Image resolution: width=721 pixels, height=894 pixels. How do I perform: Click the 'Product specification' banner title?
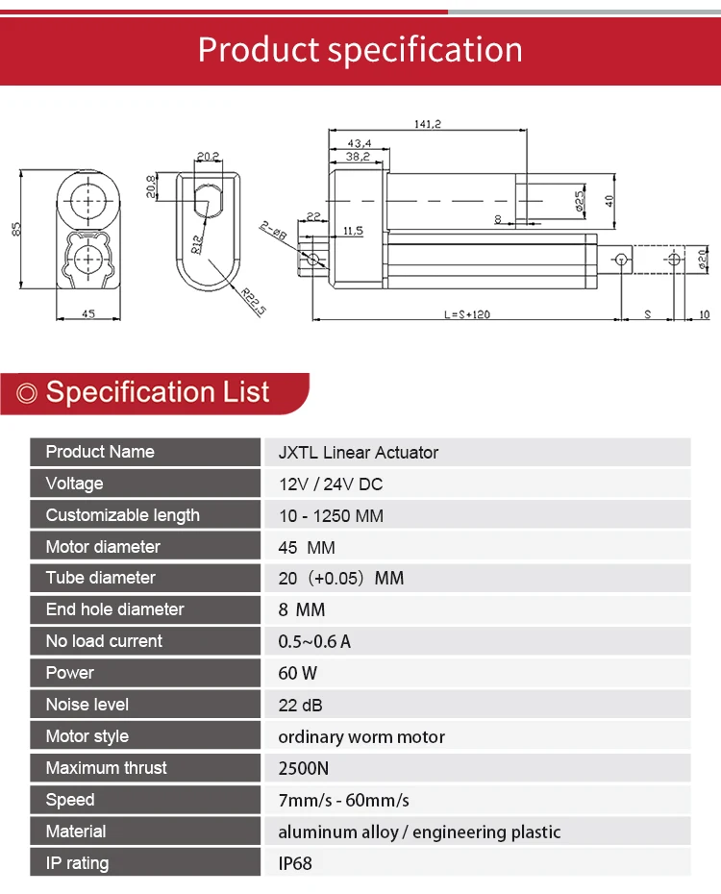tap(360, 50)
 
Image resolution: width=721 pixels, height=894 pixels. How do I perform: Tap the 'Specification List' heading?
tap(158, 392)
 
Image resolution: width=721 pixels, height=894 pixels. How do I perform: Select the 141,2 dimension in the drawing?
tap(426, 124)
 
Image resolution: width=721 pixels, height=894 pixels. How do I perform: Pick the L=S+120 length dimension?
tap(467, 314)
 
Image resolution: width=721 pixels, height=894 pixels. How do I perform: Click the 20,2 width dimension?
tap(208, 156)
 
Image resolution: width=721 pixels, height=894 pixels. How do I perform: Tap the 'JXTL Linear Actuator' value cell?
tap(358, 452)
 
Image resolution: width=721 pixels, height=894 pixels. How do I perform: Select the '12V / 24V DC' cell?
tap(330, 484)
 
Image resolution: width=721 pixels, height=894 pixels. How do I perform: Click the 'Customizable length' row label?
tap(122, 515)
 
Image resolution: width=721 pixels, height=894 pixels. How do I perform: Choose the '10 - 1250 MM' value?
tap(331, 515)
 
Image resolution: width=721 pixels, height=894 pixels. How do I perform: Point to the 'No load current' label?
tap(104, 641)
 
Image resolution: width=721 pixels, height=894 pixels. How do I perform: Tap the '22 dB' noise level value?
tap(300, 705)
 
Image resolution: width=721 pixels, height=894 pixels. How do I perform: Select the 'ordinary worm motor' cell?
tap(361, 736)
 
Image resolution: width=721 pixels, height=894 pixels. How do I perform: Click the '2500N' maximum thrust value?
tap(303, 768)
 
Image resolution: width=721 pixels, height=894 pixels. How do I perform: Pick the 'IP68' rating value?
tap(295, 863)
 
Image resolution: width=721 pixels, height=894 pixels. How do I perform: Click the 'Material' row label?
tap(76, 832)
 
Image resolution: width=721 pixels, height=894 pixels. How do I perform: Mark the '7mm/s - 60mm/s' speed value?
tap(343, 800)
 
